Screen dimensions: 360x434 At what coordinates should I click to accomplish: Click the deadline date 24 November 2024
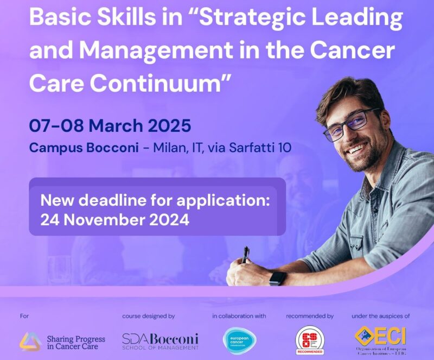(x=114, y=220)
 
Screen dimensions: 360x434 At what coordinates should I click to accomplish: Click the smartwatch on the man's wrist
(x=277, y=277)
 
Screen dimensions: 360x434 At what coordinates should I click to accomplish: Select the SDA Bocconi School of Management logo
(x=160, y=341)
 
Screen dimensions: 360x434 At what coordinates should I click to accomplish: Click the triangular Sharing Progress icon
(x=30, y=341)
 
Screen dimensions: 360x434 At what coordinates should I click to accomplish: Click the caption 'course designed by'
(x=148, y=316)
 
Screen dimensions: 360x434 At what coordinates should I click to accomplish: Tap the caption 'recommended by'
(x=309, y=316)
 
